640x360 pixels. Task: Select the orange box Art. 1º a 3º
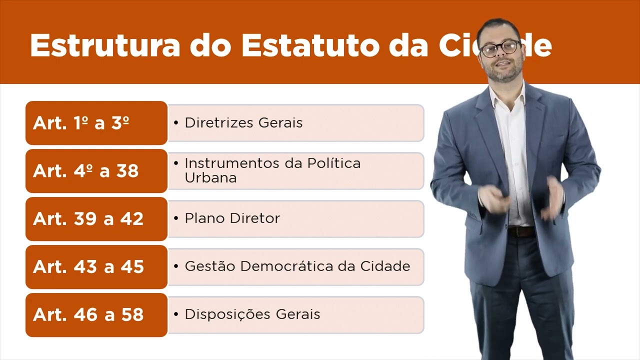point(96,123)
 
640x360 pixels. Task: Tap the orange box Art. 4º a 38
point(96,171)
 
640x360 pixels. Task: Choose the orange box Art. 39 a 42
point(96,219)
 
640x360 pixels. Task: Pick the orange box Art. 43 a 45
point(96,267)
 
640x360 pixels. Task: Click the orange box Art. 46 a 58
point(96,315)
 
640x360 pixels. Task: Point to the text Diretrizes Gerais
point(243,123)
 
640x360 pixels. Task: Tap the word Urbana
point(210,178)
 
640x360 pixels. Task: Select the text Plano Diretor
point(232,218)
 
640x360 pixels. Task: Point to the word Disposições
point(221,314)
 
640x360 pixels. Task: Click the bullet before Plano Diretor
point(176,218)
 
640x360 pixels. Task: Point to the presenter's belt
point(521,231)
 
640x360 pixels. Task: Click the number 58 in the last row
point(132,315)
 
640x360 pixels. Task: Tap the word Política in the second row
point(333,163)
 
